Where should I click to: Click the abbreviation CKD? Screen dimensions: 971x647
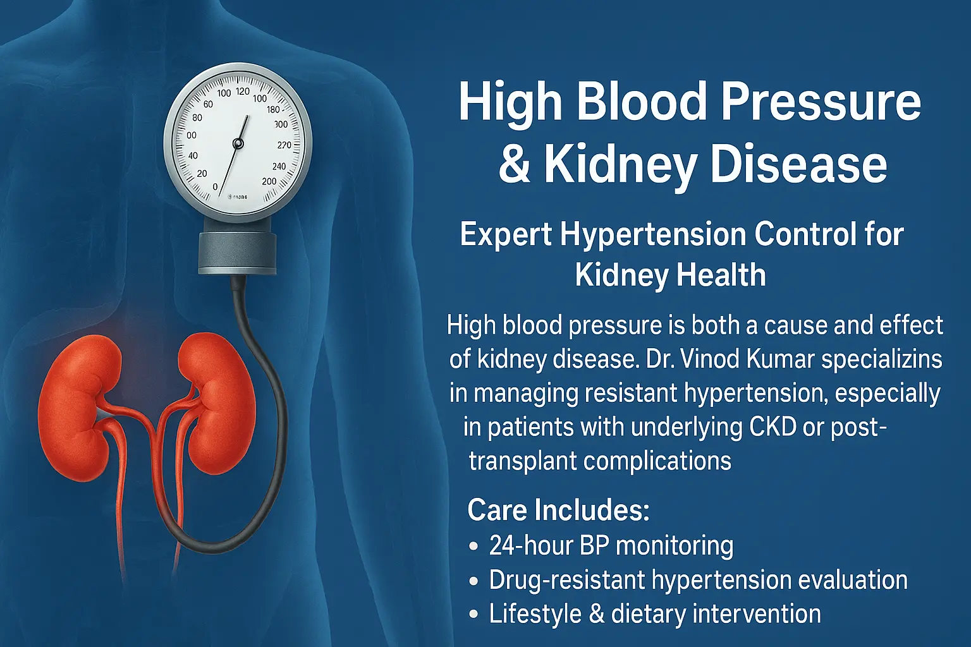click(x=773, y=427)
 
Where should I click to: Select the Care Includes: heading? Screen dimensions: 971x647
click(x=558, y=510)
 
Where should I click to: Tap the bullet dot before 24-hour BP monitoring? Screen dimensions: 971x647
click(x=473, y=547)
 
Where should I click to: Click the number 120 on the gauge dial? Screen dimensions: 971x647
click(x=243, y=91)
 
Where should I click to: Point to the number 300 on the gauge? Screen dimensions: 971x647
click(x=281, y=124)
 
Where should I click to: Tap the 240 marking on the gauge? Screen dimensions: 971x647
click(x=279, y=166)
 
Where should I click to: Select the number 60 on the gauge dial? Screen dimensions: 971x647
click(x=208, y=104)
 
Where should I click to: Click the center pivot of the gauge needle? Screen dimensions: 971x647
click(x=238, y=143)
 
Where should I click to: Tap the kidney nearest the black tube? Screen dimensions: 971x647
click(x=216, y=403)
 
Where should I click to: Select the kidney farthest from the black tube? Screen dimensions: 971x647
click(x=78, y=408)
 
